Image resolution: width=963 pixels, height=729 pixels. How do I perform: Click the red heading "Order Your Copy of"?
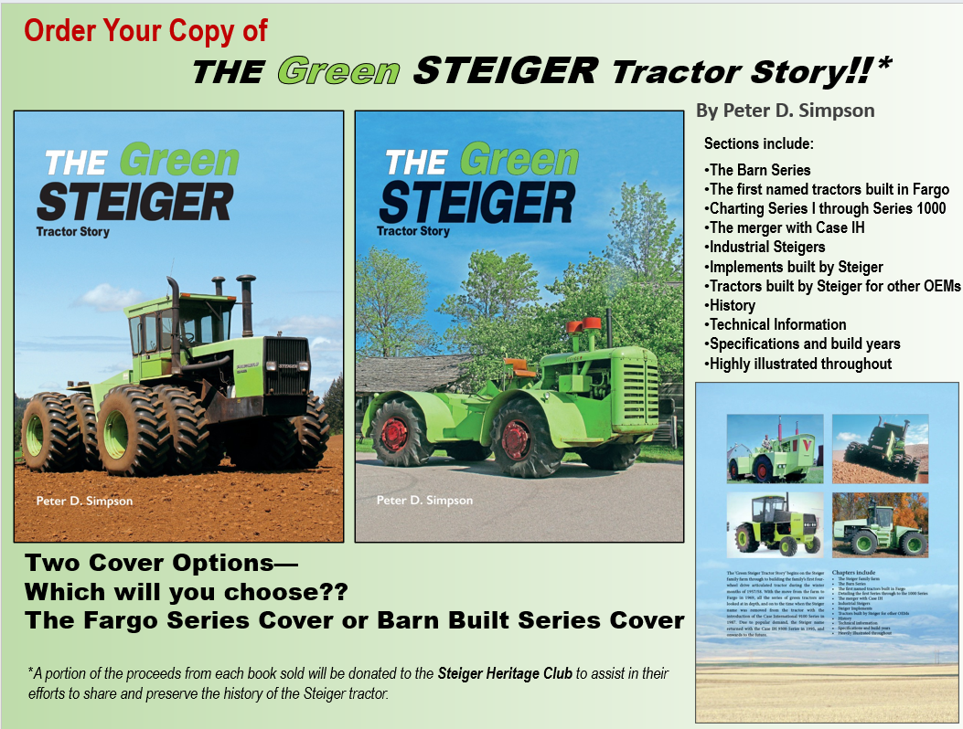145,31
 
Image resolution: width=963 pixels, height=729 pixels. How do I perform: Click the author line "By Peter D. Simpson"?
785,111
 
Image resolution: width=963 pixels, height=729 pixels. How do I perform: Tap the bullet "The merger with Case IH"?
786,227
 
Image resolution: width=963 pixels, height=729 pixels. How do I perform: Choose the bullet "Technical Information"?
776,324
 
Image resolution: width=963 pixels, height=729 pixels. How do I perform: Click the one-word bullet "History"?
730,305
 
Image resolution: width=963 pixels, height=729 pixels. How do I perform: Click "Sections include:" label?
759,144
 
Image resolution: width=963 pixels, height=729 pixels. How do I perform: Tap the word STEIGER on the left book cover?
134,201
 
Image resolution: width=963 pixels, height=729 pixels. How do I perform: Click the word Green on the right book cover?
519,161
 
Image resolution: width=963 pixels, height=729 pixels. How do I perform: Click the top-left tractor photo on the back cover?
774,449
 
